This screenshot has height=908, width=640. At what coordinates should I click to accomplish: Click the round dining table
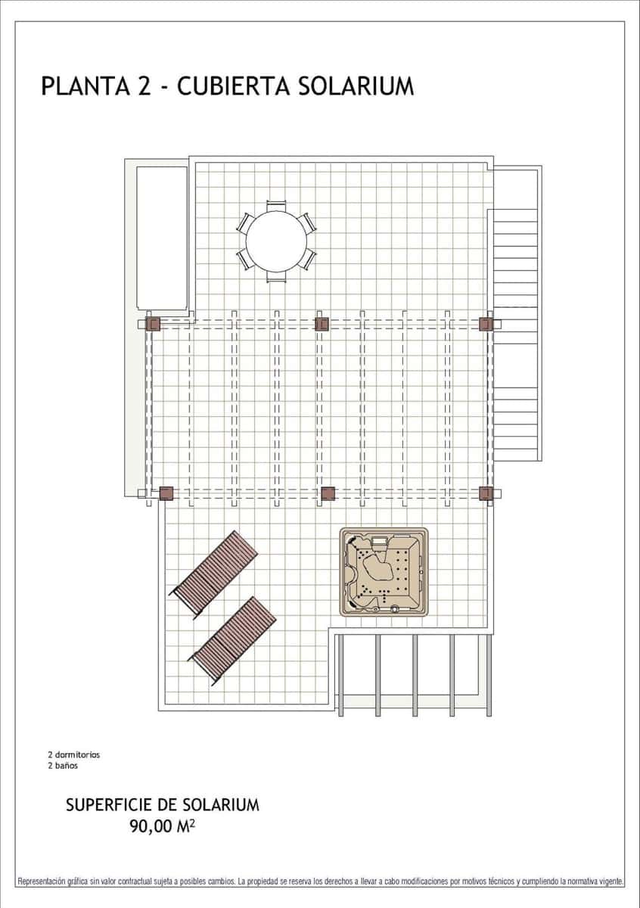pos(276,241)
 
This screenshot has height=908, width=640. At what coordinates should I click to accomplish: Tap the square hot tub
pos(384,571)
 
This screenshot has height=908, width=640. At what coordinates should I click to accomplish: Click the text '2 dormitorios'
pos(73,754)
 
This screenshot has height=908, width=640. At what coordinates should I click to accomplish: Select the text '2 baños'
pos(63,765)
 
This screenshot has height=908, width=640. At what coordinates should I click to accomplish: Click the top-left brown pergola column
pos(153,325)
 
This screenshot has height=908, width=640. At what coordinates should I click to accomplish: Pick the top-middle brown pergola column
pos(322,325)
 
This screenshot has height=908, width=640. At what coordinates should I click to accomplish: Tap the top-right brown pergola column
pos(486,325)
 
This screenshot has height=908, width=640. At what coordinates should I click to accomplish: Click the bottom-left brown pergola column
pos(166,494)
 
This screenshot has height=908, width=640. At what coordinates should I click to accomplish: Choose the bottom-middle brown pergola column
pos(328,494)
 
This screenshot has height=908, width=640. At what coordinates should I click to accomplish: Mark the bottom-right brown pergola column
pos(486,494)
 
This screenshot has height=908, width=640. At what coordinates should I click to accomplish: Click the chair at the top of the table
pos(276,204)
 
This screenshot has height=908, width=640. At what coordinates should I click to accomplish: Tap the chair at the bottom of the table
pos(276,278)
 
